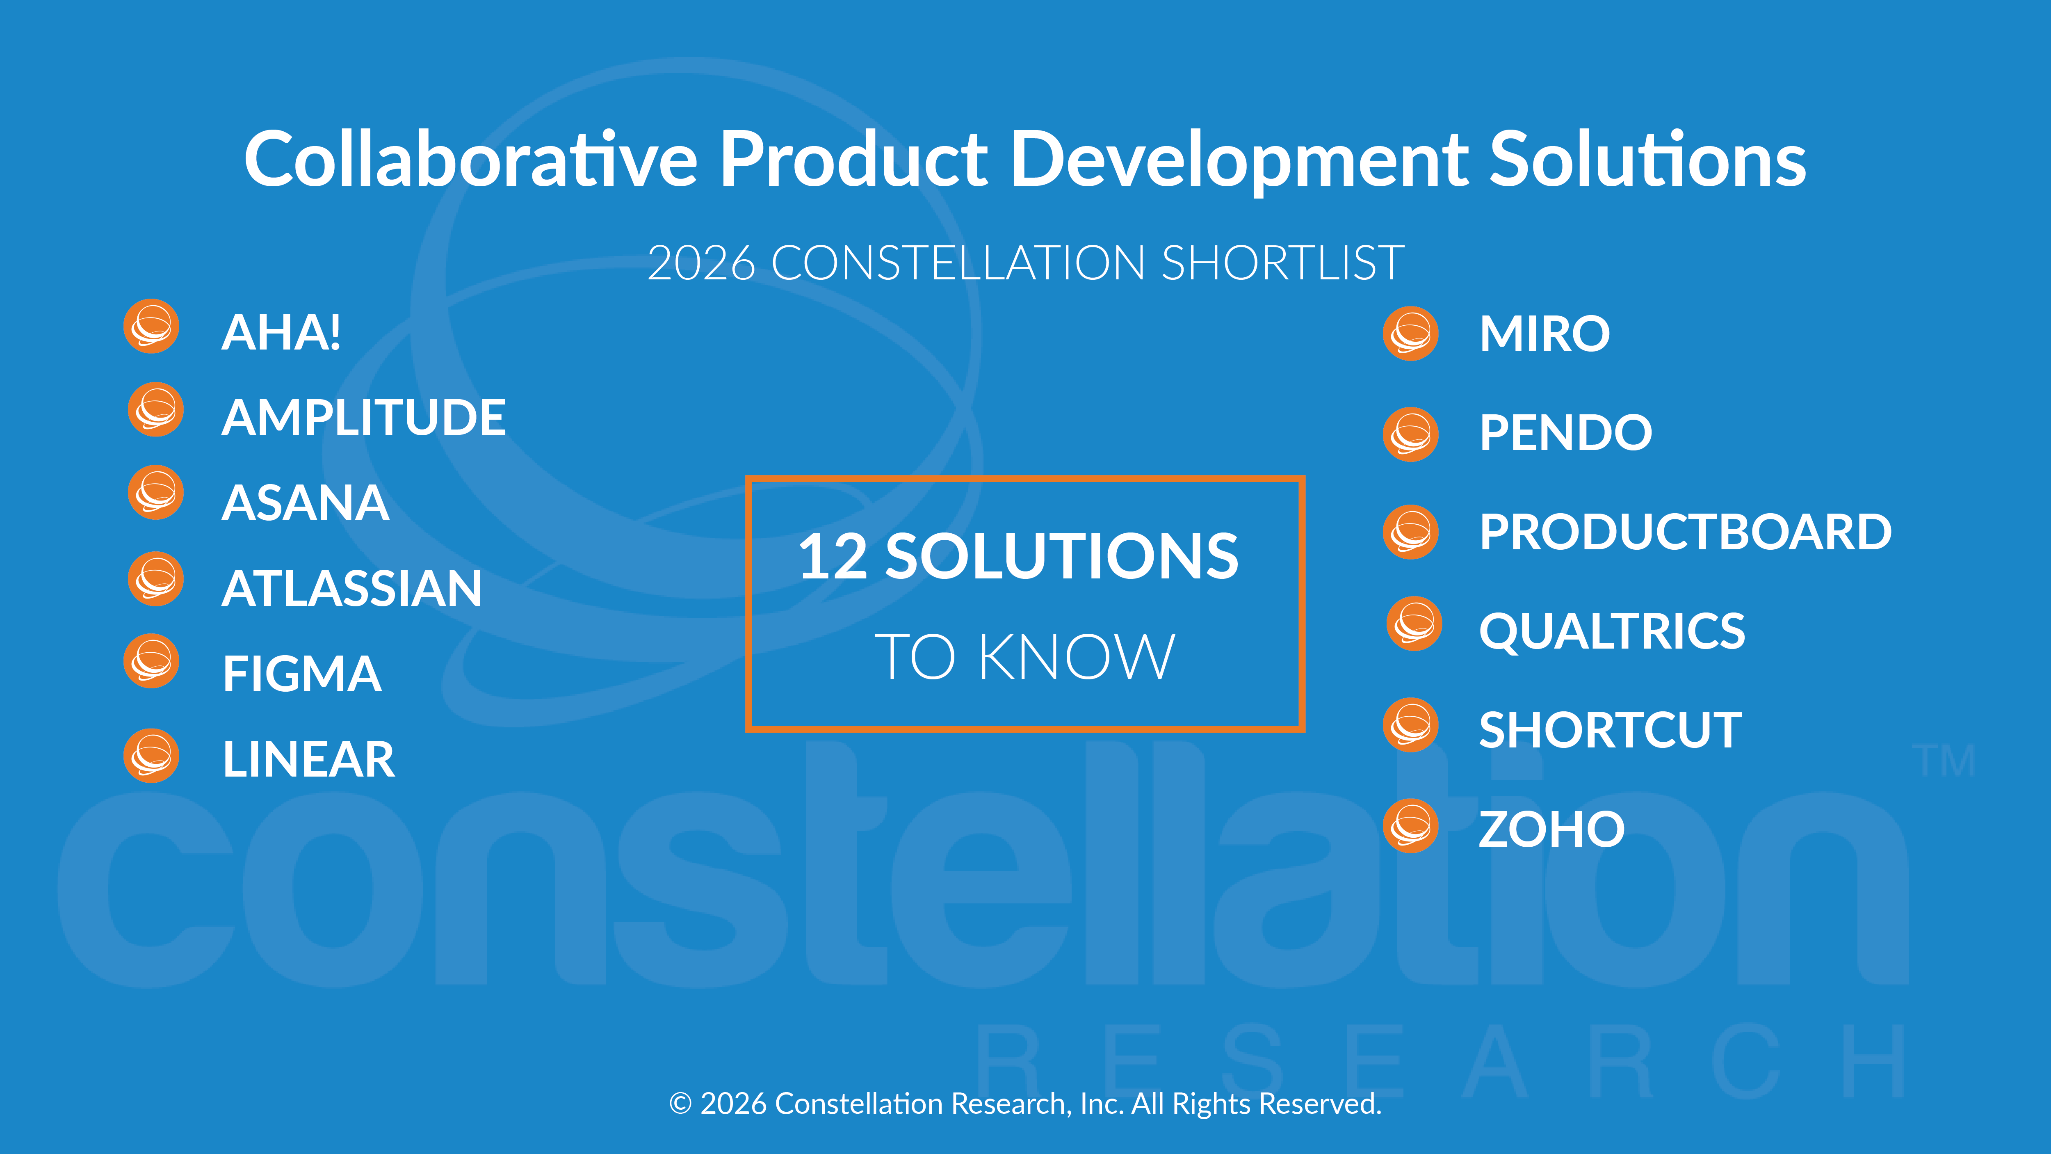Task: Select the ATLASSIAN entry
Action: [x=352, y=589]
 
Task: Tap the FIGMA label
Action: [x=302, y=674]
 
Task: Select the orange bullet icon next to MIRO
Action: [x=1411, y=334]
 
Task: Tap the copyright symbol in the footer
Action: [x=680, y=1104]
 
